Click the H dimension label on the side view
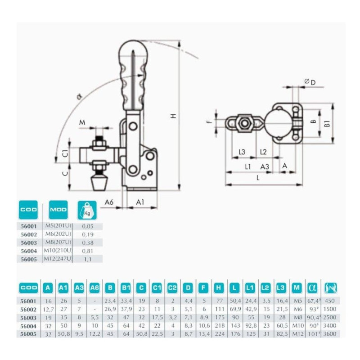(x=173, y=116)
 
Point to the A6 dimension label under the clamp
(x=108, y=202)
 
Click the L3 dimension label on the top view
(x=242, y=152)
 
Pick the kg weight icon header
(x=87, y=210)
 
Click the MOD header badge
(x=58, y=210)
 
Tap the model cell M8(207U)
(x=58, y=242)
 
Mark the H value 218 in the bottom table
(x=220, y=326)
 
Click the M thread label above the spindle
(x=82, y=122)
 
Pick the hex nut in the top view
(x=245, y=122)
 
